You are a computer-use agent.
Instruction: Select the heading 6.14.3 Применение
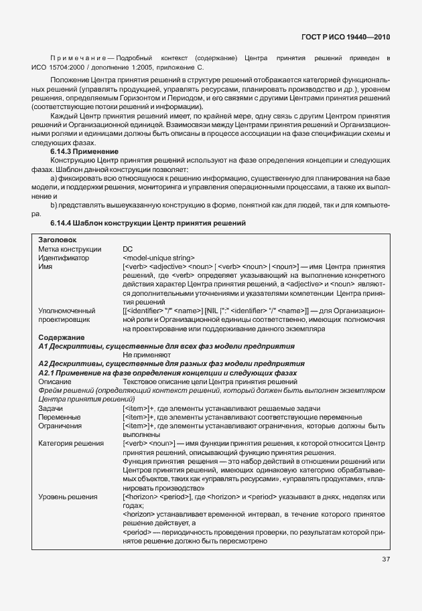pyautogui.click(x=84, y=152)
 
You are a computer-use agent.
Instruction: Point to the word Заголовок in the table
pyautogui.click(x=58, y=239)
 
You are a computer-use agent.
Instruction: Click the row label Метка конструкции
pyautogui.click(x=69, y=248)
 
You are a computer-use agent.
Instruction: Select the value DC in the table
pyautogui.click(x=128, y=248)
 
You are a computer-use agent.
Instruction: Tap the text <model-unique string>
pyautogui.click(x=159, y=257)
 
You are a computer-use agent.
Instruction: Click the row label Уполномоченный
pyautogui.click(x=66, y=311)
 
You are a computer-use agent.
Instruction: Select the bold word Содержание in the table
pyautogui.click(x=61, y=337)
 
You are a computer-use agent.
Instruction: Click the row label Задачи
pyautogui.click(x=51, y=408)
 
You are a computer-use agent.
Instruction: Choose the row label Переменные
pyautogui.click(x=60, y=417)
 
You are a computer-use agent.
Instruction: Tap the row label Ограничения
pyautogui.click(x=61, y=426)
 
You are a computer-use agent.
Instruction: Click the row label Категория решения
pyautogui.click(x=71, y=444)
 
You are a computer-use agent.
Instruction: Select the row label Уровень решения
pyautogui.click(x=68, y=497)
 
